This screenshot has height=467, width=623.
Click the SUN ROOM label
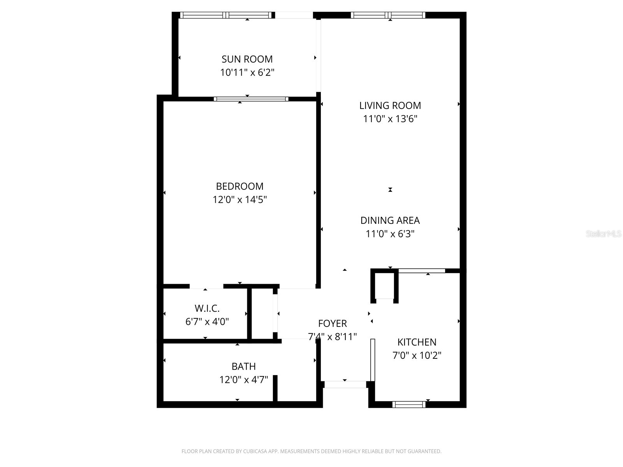pyautogui.click(x=247, y=59)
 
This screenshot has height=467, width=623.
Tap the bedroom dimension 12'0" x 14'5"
pyautogui.click(x=239, y=200)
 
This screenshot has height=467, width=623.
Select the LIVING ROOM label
pyautogui.click(x=390, y=105)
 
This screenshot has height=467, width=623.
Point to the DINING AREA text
pyautogui.click(x=390, y=220)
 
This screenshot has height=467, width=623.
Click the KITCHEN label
pyautogui.click(x=417, y=342)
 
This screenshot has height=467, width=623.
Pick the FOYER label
pyautogui.click(x=332, y=323)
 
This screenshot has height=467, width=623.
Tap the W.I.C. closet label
pyautogui.click(x=207, y=309)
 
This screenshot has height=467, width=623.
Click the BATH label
pyautogui.click(x=243, y=366)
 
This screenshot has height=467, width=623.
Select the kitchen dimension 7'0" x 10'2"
pyautogui.click(x=417, y=355)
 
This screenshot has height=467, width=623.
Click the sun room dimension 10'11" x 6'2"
pyautogui.click(x=247, y=72)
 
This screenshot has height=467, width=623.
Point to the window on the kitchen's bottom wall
pyautogui.click(x=409, y=405)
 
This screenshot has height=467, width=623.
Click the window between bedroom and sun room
pyautogui.click(x=251, y=99)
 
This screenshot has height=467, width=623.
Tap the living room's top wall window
pyautogui.click(x=388, y=15)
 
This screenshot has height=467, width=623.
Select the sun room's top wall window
pyautogui.click(x=226, y=15)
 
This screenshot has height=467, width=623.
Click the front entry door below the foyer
pyautogui.click(x=345, y=384)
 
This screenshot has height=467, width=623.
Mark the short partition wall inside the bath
pyautogui.click(x=275, y=388)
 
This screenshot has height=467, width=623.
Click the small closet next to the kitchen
pyautogui.click(x=385, y=287)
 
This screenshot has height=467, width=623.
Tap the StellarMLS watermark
pyautogui.click(x=603, y=233)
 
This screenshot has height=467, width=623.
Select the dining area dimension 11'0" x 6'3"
pyautogui.click(x=390, y=234)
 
